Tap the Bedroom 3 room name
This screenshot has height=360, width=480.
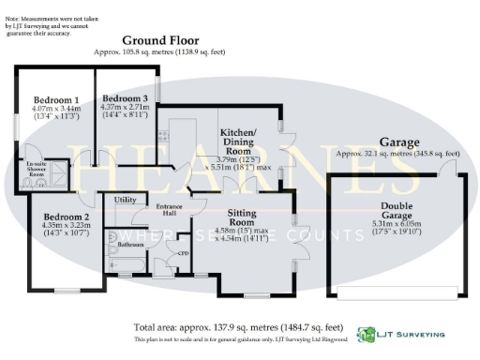point(125,99)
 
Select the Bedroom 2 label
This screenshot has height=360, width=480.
point(66,216)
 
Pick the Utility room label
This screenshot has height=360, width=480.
point(125,200)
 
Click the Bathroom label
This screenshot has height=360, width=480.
point(130,243)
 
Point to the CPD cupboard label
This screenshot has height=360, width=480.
point(184,252)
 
